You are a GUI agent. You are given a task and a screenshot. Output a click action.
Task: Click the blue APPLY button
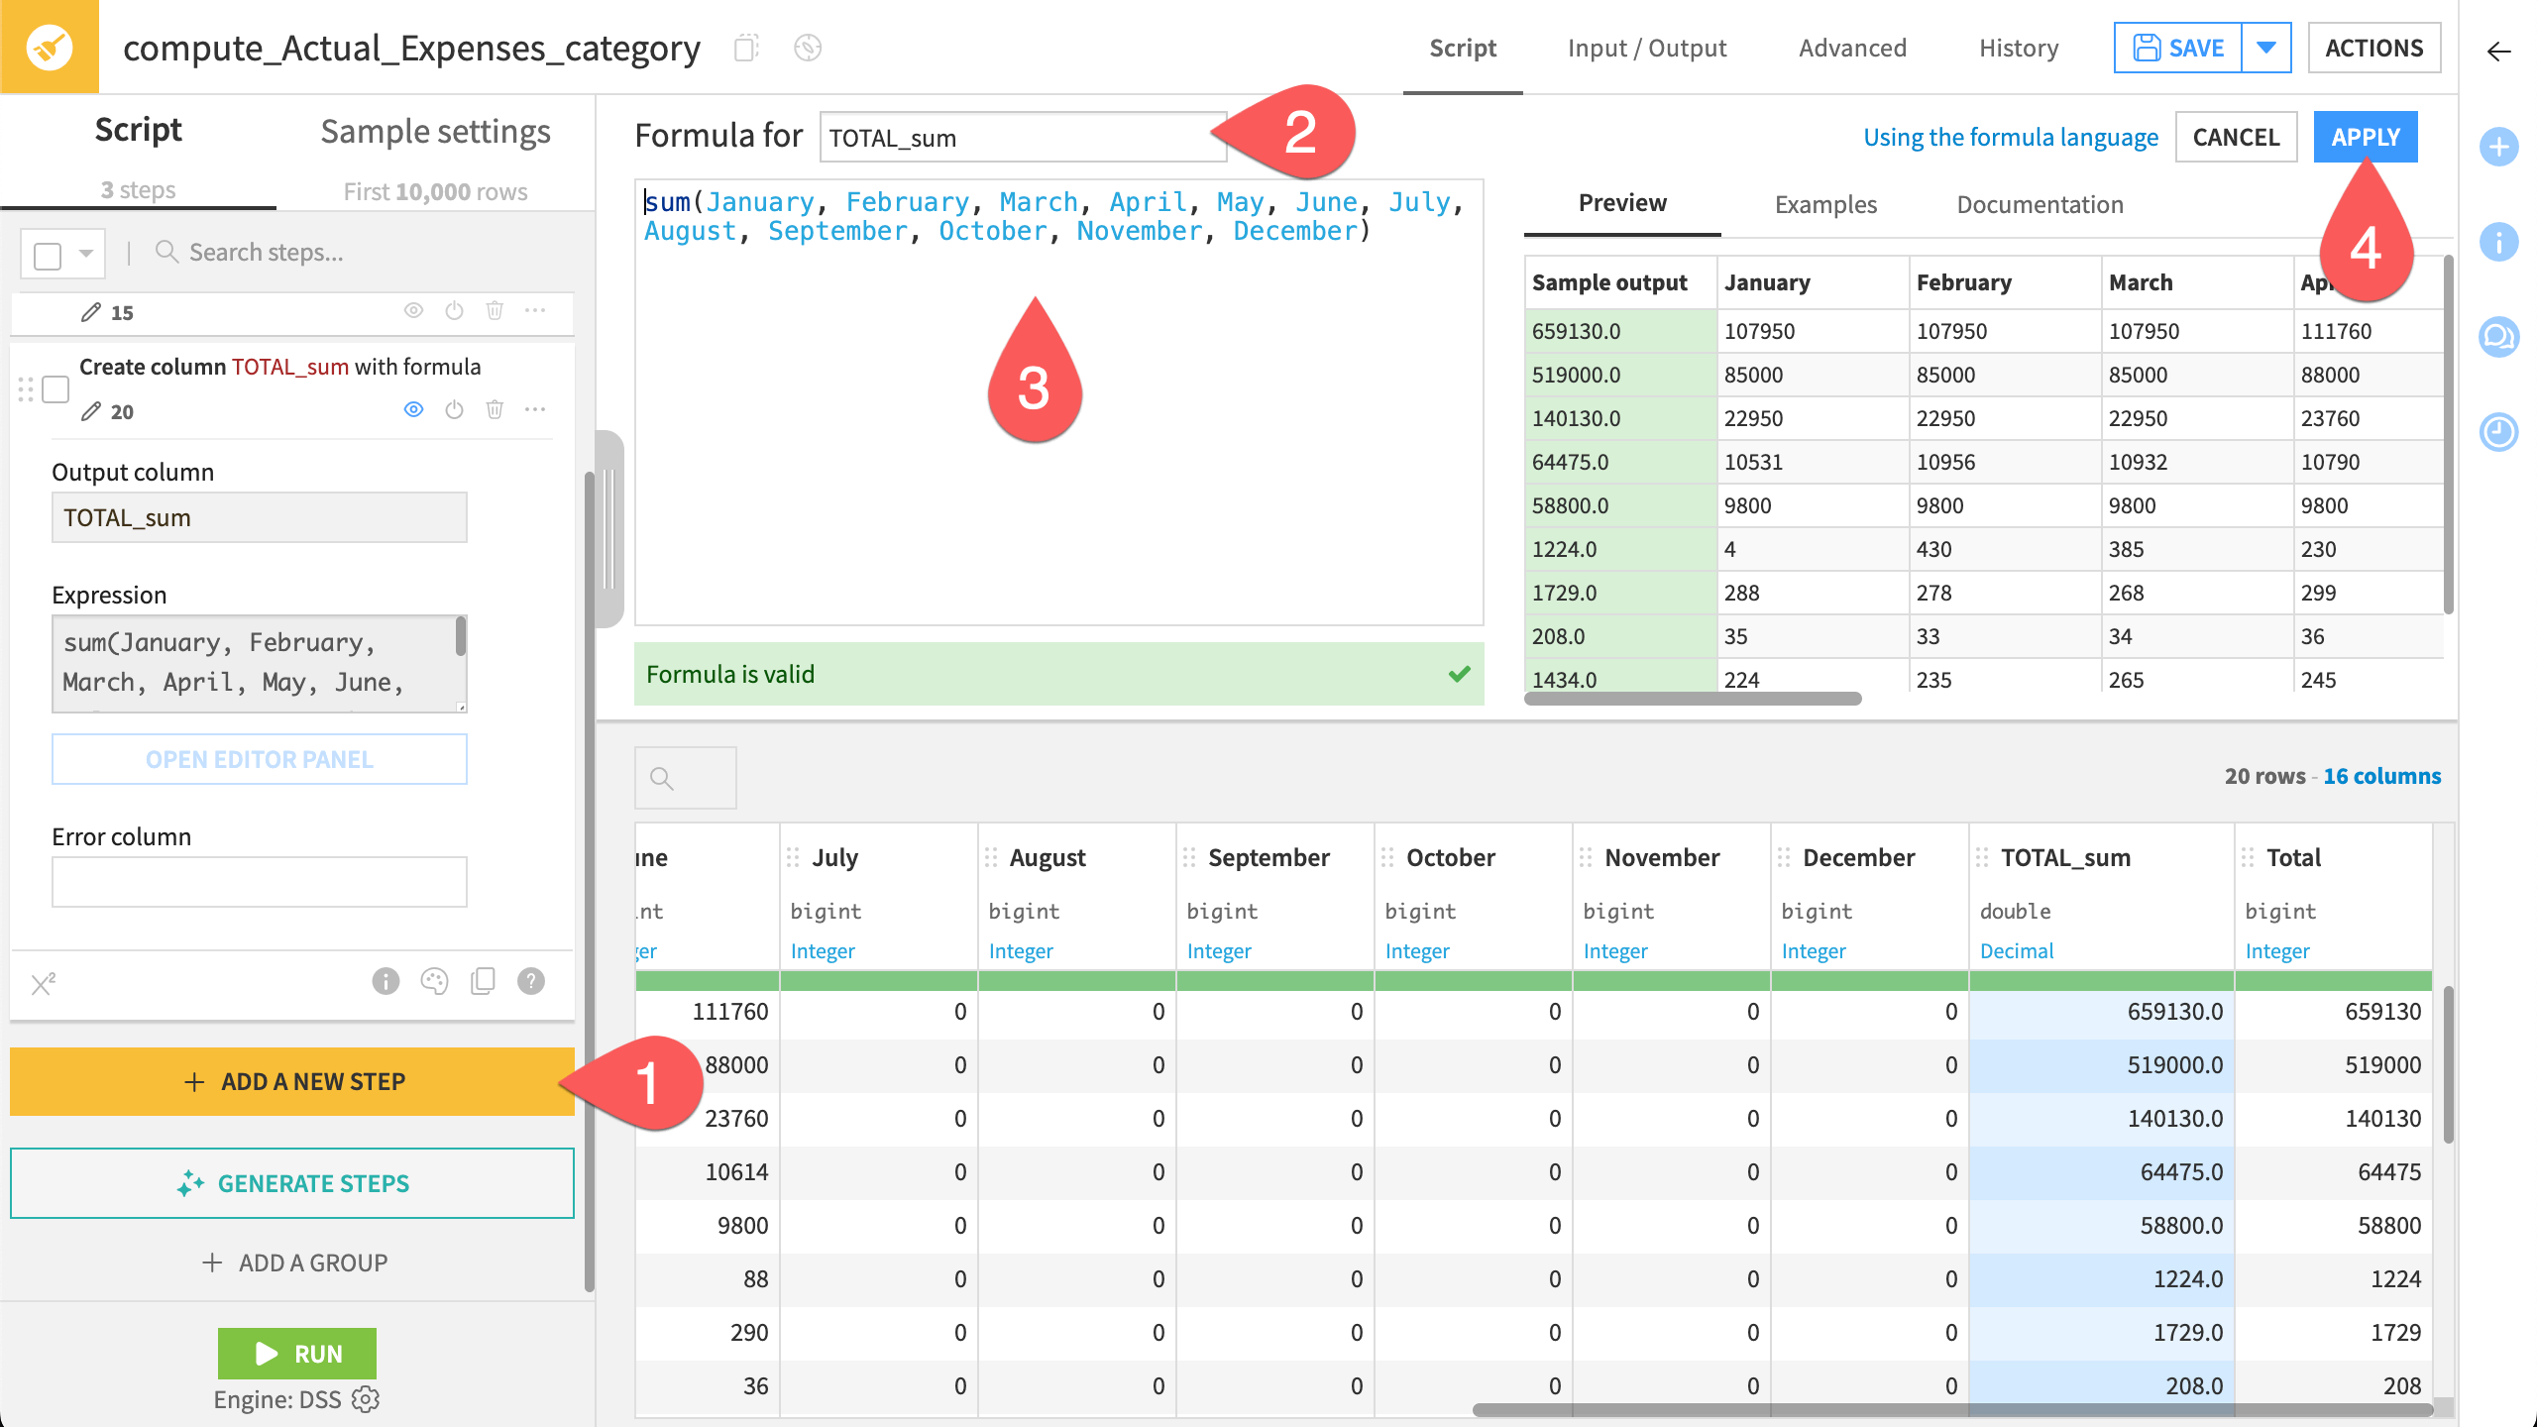tap(2365, 137)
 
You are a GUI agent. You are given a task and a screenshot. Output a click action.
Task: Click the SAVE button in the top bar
tap(2178, 48)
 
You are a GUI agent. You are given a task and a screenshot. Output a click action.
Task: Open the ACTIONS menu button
tap(2373, 48)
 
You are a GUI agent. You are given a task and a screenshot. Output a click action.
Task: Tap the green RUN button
tap(297, 1353)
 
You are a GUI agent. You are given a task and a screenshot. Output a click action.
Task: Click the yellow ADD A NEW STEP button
tap(292, 1081)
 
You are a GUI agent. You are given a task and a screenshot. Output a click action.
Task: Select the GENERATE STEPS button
tap(292, 1183)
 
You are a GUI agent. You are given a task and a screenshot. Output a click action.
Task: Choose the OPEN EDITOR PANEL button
tap(260, 759)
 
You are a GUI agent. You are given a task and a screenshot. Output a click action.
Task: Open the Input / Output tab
tap(1646, 48)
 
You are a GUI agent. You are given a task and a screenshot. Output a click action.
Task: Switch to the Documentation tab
tap(2040, 204)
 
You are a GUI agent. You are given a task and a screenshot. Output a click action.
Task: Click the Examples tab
tap(1825, 204)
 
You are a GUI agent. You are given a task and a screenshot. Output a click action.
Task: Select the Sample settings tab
tap(435, 132)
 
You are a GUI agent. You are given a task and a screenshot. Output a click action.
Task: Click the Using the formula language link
tap(2010, 137)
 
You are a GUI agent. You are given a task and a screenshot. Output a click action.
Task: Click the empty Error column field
tap(260, 882)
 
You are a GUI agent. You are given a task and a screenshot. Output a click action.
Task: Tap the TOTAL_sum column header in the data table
tap(2065, 857)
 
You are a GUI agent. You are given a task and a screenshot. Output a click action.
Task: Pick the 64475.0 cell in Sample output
tap(1572, 462)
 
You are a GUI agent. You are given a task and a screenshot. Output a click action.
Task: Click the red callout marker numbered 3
tap(1034, 382)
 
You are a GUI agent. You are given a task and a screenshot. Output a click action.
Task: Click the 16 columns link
tap(2381, 776)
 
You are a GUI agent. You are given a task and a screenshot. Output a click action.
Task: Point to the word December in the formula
tap(1294, 231)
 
